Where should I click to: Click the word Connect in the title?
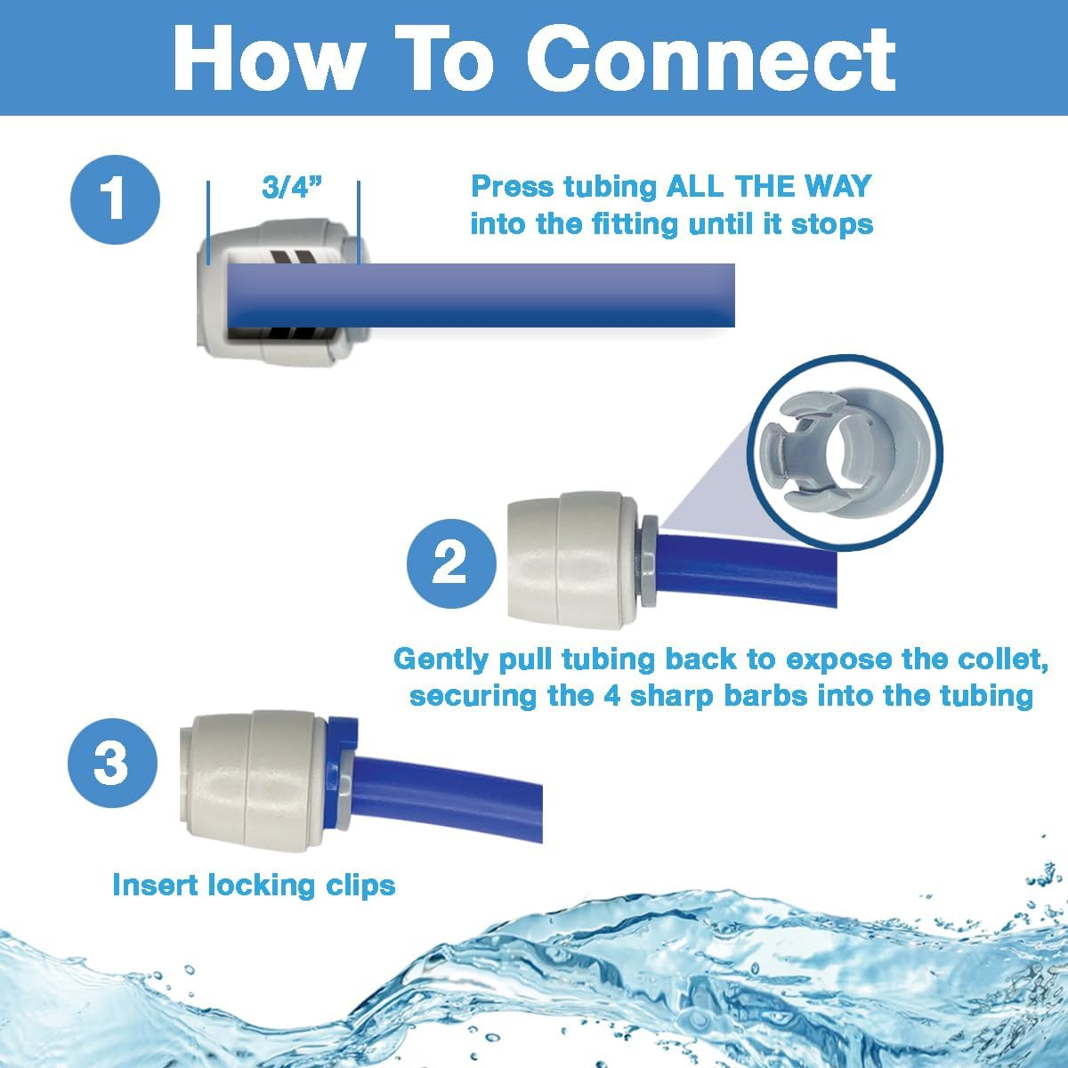click(x=717, y=58)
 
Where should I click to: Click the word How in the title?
click(x=268, y=58)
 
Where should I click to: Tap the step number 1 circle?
click(x=115, y=197)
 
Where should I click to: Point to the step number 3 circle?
click(x=112, y=763)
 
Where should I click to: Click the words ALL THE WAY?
click(x=769, y=186)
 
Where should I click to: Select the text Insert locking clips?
click(x=254, y=885)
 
